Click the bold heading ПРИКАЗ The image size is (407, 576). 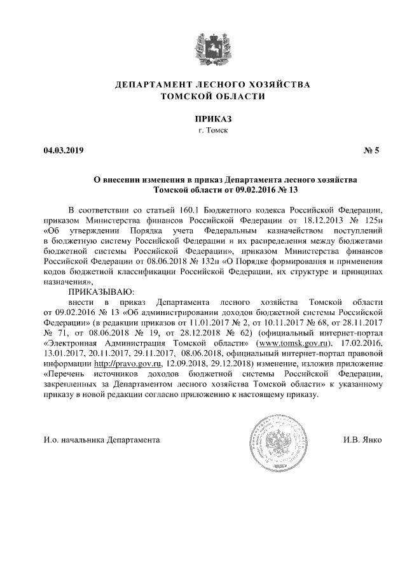coord(203,118)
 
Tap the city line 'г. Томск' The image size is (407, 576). coord(203,130)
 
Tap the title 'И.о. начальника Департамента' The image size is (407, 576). coord(102,440)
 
